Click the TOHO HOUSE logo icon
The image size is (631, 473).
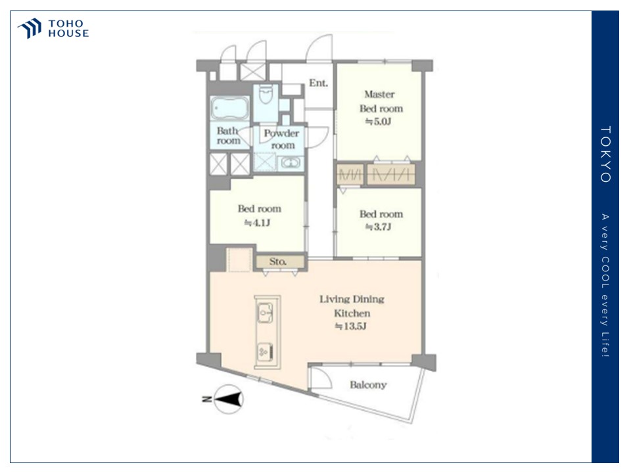click(x=30, y=28)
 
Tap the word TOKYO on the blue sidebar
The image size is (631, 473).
click(x=605, y=154)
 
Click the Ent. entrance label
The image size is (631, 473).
click(x=318, y=83)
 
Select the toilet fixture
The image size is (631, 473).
click(x=266, y=94)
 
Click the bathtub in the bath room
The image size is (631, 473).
click(x=229, y=108)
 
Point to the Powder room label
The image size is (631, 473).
click(x=282, y=139)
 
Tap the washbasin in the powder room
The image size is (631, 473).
click(x=290, y=163)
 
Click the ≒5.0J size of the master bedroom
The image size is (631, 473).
click(x=379, y=121)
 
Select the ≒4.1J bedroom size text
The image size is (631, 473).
click(x=258, y=223)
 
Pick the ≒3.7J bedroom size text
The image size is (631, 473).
click(x=379, y=227)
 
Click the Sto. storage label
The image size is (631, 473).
click(x=278, y=261)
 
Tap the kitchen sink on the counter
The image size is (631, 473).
click(x=266, y=312)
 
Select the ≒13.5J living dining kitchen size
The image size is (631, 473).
click(x=351, y=327)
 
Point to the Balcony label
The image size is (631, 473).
click(x=368, y=385)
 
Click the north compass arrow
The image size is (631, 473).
click(x=229, y=399)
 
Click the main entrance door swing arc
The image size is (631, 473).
click(x=318, y=45)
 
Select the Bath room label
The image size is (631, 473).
click(x=228, y=135)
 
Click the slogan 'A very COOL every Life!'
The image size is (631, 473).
click(x=605, y=285)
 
